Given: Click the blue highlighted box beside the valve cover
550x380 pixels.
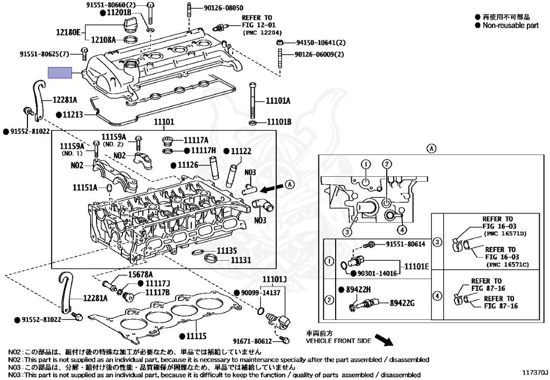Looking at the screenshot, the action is [60, 73].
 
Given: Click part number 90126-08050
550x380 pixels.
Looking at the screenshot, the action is [223, 8].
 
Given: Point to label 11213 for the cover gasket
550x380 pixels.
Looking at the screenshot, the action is [73, 114].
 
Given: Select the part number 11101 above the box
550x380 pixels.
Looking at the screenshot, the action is [164, 122].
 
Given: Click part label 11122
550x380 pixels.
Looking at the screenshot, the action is [241, 151].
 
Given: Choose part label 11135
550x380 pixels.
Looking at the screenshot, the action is [227, 250].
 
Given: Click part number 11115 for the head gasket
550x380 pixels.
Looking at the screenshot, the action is [197, 336].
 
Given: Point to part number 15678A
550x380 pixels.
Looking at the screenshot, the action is [140, 275].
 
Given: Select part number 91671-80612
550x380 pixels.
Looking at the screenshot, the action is [252, 341].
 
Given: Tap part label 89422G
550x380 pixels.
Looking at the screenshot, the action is [402, 303].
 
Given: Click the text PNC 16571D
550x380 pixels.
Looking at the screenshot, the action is [505, 234].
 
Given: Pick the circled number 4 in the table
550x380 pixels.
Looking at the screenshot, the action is [437, 296].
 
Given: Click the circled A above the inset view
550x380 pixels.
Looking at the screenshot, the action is [431, 148].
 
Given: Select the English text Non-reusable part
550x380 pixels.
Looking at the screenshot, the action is [510, 25].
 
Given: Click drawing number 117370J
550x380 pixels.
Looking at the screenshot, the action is [535, 372].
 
